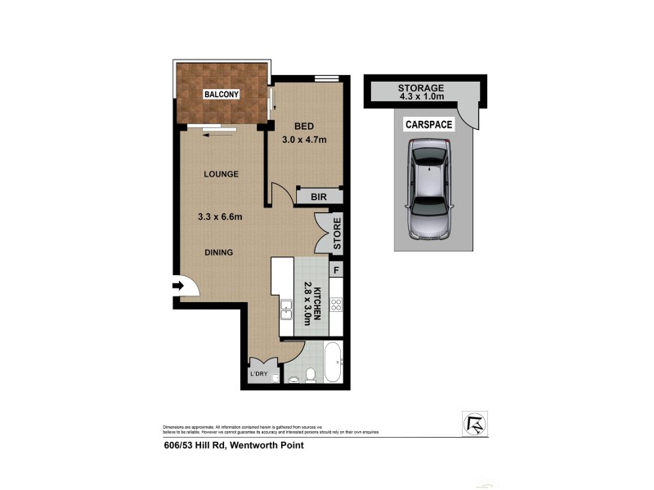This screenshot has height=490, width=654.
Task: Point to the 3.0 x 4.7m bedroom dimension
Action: click(x=304, y=140)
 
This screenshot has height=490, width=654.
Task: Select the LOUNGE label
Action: click(x=221, y=174)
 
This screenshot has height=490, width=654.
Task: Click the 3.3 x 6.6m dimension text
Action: click(x=222, y=216)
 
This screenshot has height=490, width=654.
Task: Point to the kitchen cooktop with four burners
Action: click(x=336, y=306)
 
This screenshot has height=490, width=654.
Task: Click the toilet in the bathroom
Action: click(x=310, y=374)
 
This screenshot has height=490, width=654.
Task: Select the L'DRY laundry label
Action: click(x=259, y=374)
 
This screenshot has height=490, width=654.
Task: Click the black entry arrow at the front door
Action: click(x=178, y=286)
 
